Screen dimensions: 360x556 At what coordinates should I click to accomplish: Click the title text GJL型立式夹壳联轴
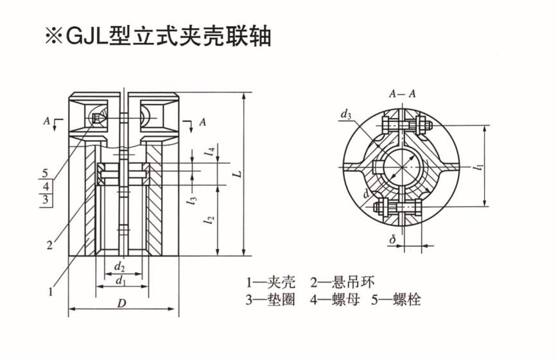coord(157,36)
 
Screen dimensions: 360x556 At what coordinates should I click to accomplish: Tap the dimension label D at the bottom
coord(121,304)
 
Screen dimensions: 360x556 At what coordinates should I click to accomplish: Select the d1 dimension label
coord(120,280)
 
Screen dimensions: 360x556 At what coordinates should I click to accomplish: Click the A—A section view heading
coord(402,94)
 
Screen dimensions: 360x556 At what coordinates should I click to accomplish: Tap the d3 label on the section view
coord(346,115)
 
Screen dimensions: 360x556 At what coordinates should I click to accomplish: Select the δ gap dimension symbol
coord(392,239)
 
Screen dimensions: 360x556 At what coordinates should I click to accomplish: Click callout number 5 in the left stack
coord(44,173)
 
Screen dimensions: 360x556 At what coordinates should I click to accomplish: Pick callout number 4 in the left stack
coord(44,186)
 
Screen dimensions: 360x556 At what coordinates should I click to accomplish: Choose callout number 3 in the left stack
coord(44,200)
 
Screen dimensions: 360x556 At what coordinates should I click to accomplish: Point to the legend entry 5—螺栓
coord(395,299)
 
